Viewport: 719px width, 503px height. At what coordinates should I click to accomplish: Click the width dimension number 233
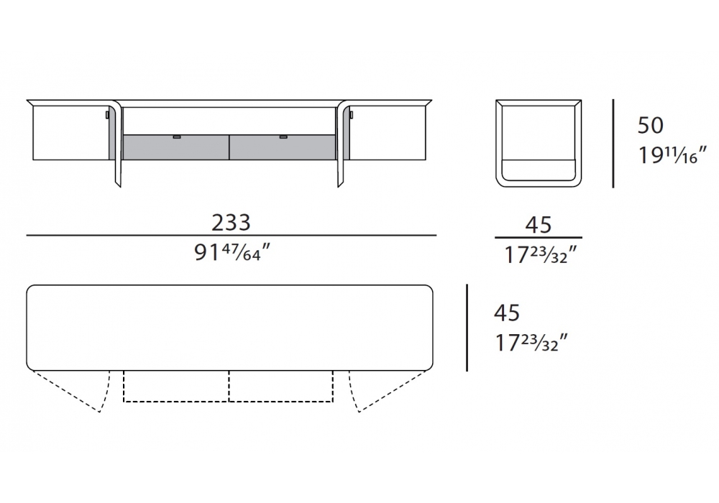click(x=231, y=223)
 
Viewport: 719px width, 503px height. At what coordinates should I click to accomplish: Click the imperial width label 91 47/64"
click(x=232, y=252)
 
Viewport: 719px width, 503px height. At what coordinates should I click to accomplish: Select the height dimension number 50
click(x=650, y=126)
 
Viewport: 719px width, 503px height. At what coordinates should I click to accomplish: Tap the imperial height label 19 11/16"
click(x=672, y=154)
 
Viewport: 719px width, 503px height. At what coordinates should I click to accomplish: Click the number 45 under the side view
click(x=539, y=225)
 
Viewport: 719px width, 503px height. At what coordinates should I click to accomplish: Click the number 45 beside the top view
click(x=507, y=313)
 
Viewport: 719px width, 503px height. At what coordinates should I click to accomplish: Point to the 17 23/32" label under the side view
click(x=540, y=254)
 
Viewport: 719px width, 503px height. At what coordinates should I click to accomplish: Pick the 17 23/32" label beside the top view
click(x=531, y=343)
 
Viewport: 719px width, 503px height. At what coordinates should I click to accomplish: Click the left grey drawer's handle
click(x=177, y=137)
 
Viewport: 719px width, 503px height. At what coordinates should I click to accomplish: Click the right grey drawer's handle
click(x=283, y=137)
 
